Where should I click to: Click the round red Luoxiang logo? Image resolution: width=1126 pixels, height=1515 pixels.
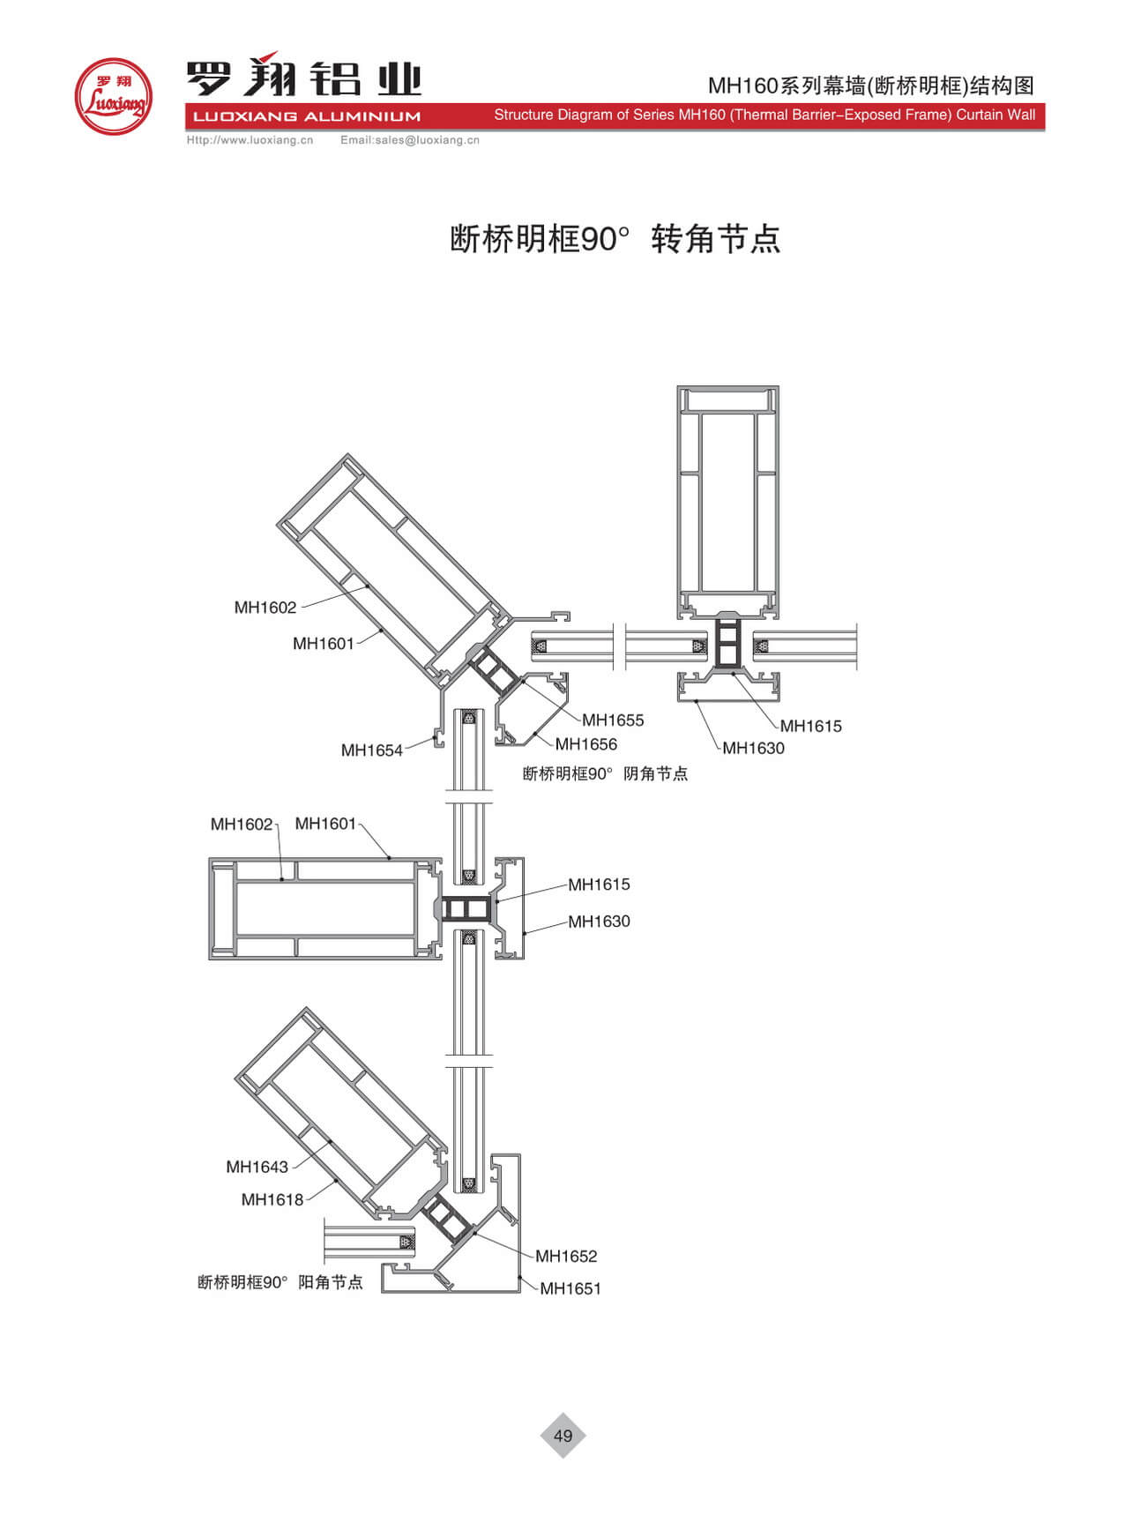click(x=113, y=97)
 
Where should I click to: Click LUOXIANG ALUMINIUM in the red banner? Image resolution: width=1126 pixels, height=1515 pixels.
click(x=306, y=116)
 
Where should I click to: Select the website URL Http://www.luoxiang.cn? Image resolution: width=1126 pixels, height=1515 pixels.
click(x=250, y=140)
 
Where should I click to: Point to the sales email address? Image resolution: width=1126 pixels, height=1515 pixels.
click(x=409, y=140)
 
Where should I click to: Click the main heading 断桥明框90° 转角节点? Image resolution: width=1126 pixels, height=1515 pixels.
click(x=615, y=239)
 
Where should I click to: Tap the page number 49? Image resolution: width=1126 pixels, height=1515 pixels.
click(x=563, y=1436)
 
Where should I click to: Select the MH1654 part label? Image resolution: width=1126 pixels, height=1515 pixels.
click(x=371, y=750)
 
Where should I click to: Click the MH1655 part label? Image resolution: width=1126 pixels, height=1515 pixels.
click(x=613, y=720)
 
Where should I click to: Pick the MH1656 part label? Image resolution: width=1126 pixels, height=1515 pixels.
click(x=585, y=744)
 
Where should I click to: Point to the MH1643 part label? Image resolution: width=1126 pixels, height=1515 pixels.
click(x=257, y=1167)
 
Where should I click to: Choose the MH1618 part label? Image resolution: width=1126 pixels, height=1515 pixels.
click(x=272, y=1199)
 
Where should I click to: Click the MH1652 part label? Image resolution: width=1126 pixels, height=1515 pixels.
click(x=565, y=1256)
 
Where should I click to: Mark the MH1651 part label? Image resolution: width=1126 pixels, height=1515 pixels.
click(x=570, y=1288)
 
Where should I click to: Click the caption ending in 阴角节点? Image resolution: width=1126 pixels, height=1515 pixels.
click(x=605, y=774)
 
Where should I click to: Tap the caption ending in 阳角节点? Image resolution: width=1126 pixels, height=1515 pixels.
click(x=280, y=1282)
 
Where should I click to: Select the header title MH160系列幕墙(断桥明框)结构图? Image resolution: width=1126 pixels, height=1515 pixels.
click(x=870, y=86)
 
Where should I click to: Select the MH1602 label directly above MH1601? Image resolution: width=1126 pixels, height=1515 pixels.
click(x=265, y=608)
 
